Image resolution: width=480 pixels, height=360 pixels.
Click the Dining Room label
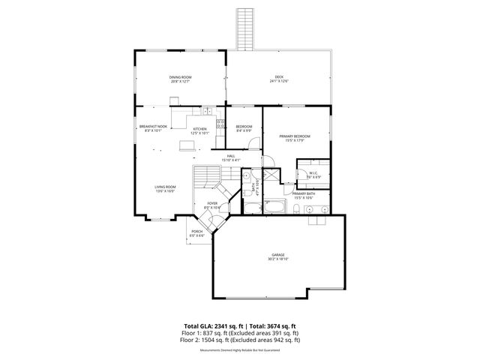point(179,79)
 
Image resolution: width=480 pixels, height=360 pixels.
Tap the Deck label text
point(279,79)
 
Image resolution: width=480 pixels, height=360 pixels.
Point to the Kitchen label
point(199,130)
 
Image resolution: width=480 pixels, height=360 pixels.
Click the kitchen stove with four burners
point(221,124)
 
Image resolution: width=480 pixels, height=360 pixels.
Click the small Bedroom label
point(244,128)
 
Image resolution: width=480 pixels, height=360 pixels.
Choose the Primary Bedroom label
point(295,137)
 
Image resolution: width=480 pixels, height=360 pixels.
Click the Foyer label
point(212,205)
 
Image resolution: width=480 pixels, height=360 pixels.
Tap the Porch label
point(196,232)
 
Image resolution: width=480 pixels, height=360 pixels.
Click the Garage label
point(278,256)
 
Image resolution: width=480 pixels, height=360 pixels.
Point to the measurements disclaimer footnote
point(239,349)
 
